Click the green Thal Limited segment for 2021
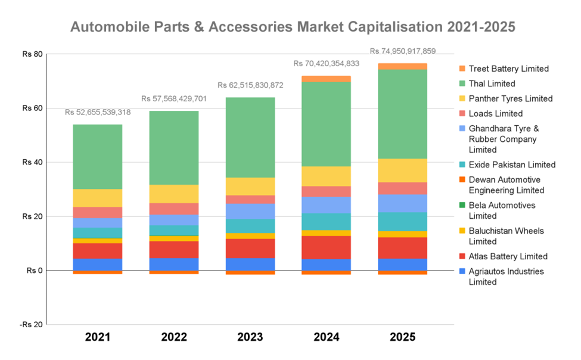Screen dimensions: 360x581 click(x=97, y=156)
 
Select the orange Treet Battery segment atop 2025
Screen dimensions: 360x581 click(x=402, y=66)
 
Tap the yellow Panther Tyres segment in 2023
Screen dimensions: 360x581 click(x=250, y=186)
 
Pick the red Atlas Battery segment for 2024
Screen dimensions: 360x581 click(x=326, y=247)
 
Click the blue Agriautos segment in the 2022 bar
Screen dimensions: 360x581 click(x=173, y=264)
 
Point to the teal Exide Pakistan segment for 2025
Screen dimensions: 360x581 click(x=402, y=221)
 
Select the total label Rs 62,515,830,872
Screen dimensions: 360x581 click(x=250, y=85)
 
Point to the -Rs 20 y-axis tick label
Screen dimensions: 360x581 click(x=31, y=325)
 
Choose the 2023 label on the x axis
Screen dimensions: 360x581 click(x=250, y=337)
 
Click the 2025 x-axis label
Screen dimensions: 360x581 click(x=403, y=337)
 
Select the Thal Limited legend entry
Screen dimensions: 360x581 click(x=492, y=84)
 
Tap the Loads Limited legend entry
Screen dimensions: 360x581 click(x=495, y=113)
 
